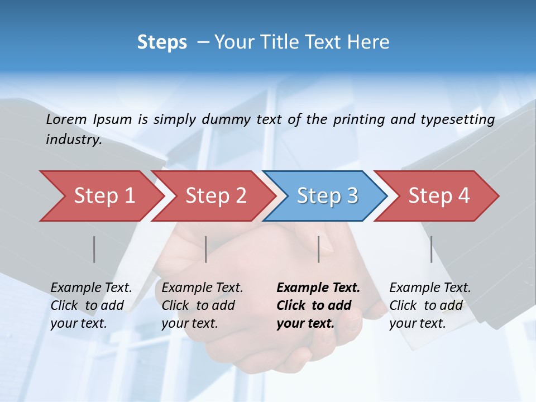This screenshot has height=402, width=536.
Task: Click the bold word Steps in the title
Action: click(x=162, y=42)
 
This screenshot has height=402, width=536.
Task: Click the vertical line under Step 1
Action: click(x=94, y=249)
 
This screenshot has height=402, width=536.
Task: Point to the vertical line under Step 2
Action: click(x=206, y=249)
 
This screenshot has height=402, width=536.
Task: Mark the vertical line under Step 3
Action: click(x=319, y=249)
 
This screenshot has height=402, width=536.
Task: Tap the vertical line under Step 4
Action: click(x=432, y=249)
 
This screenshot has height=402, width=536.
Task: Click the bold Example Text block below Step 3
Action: click(x=318, y=305)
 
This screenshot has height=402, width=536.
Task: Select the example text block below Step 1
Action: click(x=91, y=305)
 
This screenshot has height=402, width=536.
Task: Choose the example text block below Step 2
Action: click(x=202, y=305)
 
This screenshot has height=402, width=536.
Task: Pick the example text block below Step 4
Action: click(x=430, y=305)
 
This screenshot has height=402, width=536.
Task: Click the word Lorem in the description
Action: click(x=66, y=119)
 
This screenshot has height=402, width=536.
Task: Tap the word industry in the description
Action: click(x=74, y=140)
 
